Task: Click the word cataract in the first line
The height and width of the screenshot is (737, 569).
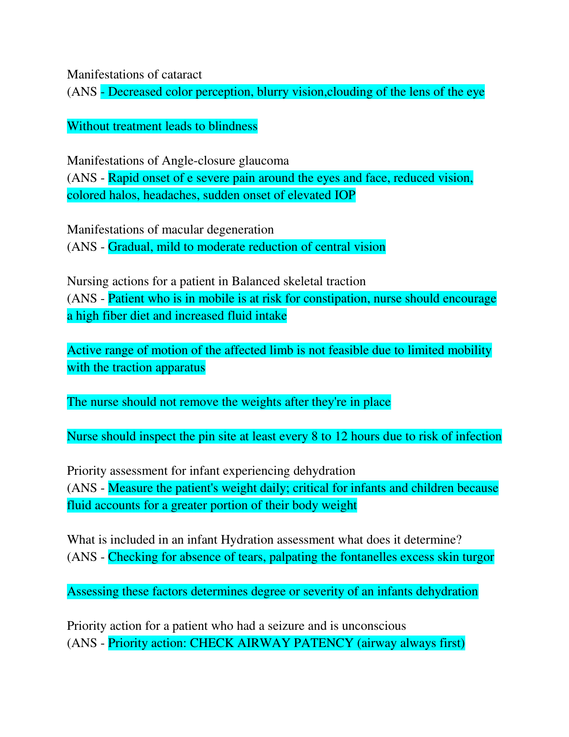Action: [x=182, y=75]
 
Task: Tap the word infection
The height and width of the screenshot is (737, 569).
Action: [x=478, y=436]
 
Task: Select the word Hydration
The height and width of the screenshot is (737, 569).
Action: [x=246, y=540]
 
